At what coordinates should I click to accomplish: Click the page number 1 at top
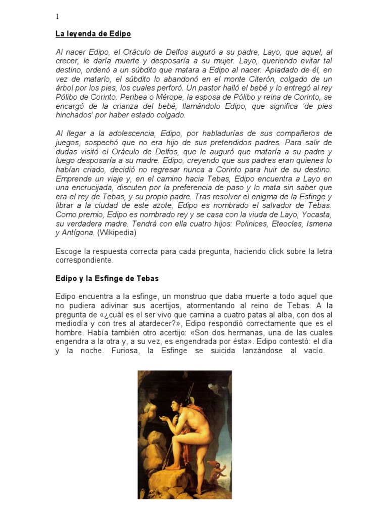tap(57, 16)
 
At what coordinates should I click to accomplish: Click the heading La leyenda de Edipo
tap(93, 34)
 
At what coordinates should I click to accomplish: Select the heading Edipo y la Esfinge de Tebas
tap(106, 279)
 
